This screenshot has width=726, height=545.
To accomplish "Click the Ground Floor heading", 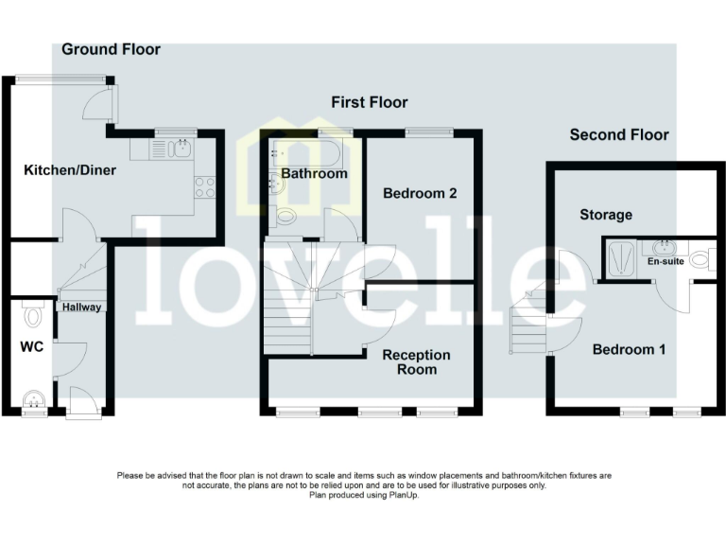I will [x=112, y=49].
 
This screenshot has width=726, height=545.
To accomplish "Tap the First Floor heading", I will [x=369, y=102].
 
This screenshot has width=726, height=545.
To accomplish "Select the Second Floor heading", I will [x=619, y=135].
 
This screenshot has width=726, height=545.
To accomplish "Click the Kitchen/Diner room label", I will [x=62, y=171].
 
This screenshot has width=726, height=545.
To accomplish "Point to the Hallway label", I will [x=82, y=307].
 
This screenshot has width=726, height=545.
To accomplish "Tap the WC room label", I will [x=32, y=347].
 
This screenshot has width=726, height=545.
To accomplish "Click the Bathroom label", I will [x=315, y=174].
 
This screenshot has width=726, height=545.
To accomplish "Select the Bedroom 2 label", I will [x=420, y=194].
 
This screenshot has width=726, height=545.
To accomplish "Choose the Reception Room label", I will [x=416, y=361].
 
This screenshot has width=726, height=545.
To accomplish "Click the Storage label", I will [x=606, y=215].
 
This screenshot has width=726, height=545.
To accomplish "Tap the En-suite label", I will [x=665, y=261].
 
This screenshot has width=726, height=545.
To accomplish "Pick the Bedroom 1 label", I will [x=629, y=349].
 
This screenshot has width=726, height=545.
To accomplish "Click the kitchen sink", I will [x=180, y=148].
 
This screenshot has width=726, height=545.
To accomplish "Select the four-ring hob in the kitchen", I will [x=205, y=186].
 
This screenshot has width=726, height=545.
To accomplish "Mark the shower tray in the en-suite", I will [x=620, y=256].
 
